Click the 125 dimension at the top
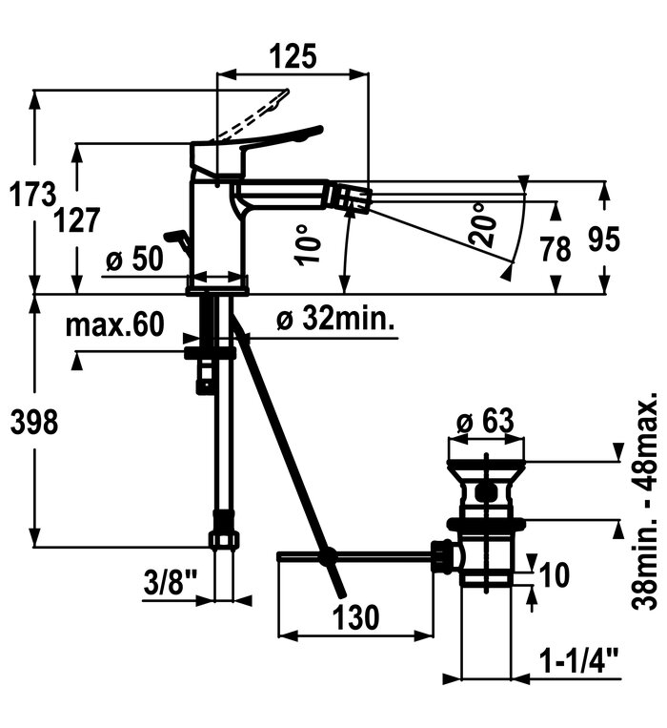[x=293, y=56]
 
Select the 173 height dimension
[x=33, y=194]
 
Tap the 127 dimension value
[x=77, y=220]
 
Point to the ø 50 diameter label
[x=134, y=259]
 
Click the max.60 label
[x=114, y=324]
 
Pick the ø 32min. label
[x=335, y=319]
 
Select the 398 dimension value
[x=34, y=423]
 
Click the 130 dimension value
[x=355, y=617]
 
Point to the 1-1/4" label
[x=579, y=660]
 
